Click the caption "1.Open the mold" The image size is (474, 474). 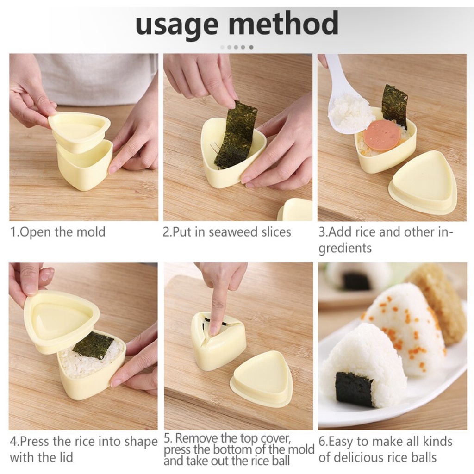58,232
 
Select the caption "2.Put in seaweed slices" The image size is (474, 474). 227,232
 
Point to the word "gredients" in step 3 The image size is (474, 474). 345,248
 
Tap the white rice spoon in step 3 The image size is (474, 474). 348,100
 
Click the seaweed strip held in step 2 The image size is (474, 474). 237,135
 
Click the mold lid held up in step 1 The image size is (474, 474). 80,130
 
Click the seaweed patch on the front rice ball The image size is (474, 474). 354,389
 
